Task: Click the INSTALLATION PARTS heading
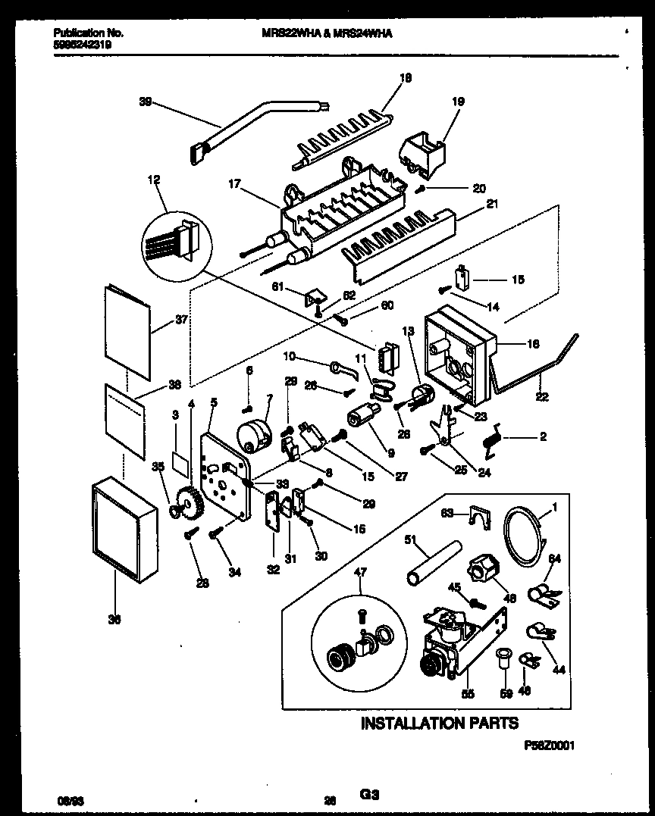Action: pyautogui.click(x=439, y=723)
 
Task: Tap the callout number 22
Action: pyautogui.click(x=543, y=397)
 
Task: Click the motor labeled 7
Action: pyautogui.click(x=252, y=436)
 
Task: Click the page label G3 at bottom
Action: pyautogui.click(x=369, y=795)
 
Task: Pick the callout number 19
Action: pyautogui.click(x=458, y=101)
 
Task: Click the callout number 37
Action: pyautogui.click(x=181, y=320)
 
